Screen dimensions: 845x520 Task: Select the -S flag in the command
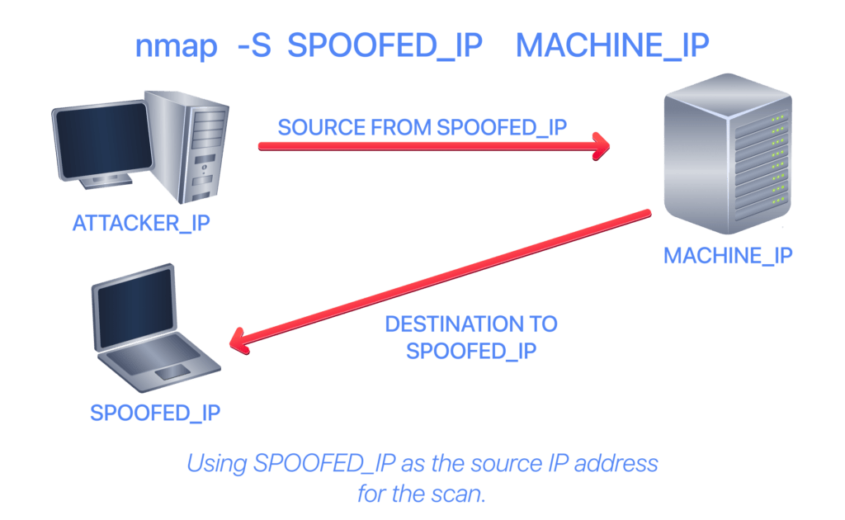[254, 45]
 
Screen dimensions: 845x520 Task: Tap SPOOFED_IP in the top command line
[385, 45]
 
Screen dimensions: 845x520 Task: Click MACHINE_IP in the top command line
[612, 45]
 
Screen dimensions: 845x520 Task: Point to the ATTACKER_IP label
[141, 223]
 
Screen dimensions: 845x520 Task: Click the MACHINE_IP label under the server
[728, 255]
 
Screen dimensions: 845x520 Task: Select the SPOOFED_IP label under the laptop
[155, 414]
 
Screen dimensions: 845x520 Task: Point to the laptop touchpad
[172, 371]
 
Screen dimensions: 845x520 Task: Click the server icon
[728, 154]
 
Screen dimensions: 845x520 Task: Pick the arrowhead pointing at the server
[602, 146]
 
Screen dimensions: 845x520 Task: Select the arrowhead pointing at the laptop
[238, 342]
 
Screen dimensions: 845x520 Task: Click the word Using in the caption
[217, 463]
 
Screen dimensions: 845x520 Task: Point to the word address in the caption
[616, 463]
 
